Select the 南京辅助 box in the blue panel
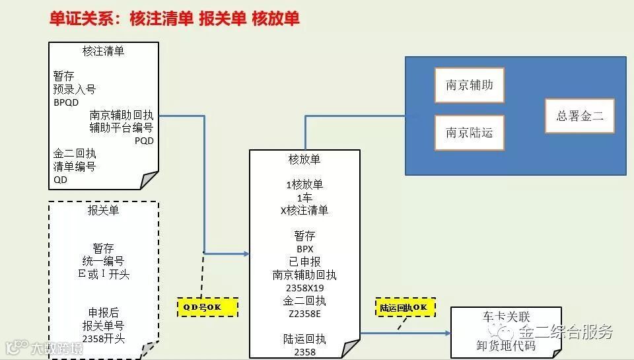[x=469, y=85]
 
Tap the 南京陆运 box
[x=469, y=133]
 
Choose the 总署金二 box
[x=580, y=116]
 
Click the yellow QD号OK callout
[x=207, y=307]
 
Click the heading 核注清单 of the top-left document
[x=103, y=51]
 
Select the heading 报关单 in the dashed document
[x=103, y=211]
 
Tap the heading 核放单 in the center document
[x=304, y=159]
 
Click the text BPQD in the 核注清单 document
[x=66, y=102]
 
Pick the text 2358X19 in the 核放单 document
[x=304, y=288]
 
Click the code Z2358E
[x=304, y=314]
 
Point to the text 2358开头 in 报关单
[x=103, y=339]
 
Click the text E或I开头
[x=103, y=274]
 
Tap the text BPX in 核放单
[x=304, y=249]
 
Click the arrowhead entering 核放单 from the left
[x=246, y=254]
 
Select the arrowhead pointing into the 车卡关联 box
[x=447, y=333]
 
